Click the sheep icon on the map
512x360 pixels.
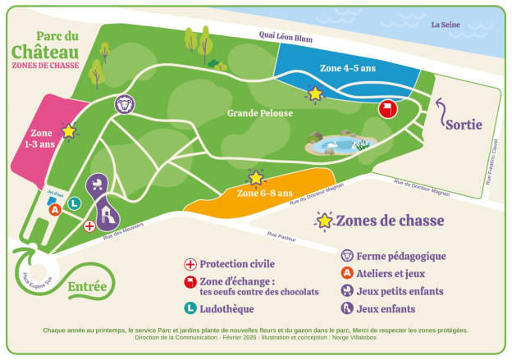124,104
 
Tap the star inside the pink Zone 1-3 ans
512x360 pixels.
69,130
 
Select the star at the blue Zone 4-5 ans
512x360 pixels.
314,94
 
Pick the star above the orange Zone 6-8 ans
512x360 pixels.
256,177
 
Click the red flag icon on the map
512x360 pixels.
387,108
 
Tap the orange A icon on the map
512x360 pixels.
56,209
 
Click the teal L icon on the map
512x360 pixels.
74,203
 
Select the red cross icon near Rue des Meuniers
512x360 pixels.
89,225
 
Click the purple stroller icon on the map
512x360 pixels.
99,184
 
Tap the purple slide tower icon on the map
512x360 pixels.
107,215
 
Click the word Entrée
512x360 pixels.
87,286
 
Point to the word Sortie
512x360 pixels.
464,125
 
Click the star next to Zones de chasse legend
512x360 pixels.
325,221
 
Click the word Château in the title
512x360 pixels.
45,52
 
